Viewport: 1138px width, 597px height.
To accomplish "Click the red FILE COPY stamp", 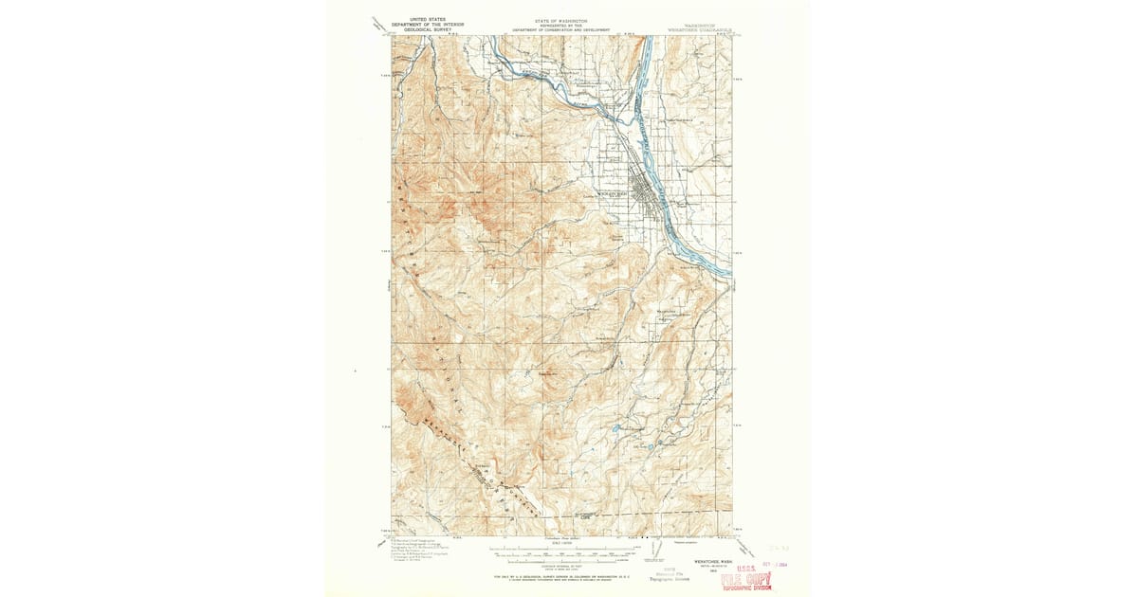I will click(x=745, y=580).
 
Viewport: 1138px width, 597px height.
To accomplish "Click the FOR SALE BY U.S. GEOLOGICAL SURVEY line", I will click(x=565, y=576).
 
